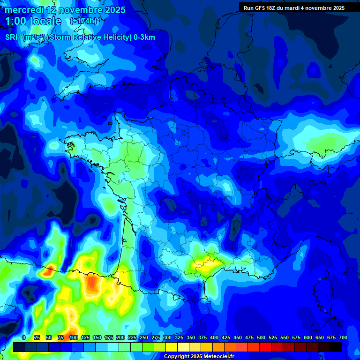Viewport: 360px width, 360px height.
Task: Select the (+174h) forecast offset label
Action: click(x=83, y=21)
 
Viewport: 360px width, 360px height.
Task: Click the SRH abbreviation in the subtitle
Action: click(x=13, y=37)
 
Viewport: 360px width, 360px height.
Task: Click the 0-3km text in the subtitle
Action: click(x=144, y=37)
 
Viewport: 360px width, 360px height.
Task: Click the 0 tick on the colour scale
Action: click(x=24, y=337)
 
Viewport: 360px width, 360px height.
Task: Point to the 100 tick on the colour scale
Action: click(x=73, y=337)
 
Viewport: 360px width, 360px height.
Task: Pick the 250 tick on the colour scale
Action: click(x=143, y=337)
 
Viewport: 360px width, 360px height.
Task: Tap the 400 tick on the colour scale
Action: click(x=214, y=337)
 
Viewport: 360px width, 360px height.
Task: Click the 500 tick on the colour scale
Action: click(x=261, y=337)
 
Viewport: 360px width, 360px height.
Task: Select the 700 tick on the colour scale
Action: click(x=343, y=337)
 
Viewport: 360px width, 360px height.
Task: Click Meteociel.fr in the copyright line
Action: click(x=217, y=356)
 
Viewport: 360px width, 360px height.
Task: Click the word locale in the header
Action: click(x=45, y=21)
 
